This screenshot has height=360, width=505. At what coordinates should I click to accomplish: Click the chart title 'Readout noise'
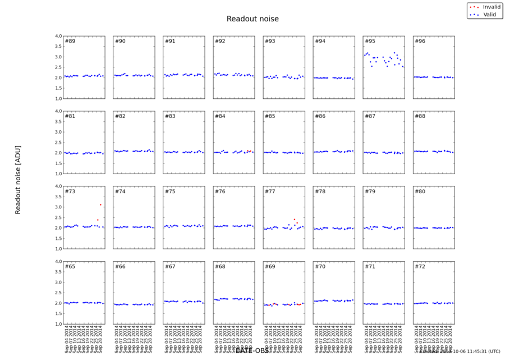(252, 19)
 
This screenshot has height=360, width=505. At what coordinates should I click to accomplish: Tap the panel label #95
(370, 42)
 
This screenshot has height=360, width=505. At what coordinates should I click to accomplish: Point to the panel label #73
(70, 192)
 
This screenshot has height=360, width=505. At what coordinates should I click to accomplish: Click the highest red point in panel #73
(100, 205)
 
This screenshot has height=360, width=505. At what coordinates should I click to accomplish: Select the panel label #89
(70, 42)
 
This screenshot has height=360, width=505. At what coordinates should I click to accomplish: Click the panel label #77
(270, 192)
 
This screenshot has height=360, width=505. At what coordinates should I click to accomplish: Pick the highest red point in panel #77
(294, 220)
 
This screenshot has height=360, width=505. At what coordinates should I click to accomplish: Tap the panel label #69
(270, 266)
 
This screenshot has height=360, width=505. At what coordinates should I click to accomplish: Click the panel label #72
(420, 266)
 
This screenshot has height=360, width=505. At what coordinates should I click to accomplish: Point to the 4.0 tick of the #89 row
(57, 37)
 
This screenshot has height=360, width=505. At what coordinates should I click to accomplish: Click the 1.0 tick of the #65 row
(57, 324)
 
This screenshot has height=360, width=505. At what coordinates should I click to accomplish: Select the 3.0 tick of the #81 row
(57, 132)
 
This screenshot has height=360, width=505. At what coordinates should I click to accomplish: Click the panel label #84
(221, 116)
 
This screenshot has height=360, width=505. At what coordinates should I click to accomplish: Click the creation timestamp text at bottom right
(460, 352)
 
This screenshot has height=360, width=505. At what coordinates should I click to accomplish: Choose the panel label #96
(420, 42)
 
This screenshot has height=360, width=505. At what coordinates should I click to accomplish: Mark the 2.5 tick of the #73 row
(57, 217)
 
